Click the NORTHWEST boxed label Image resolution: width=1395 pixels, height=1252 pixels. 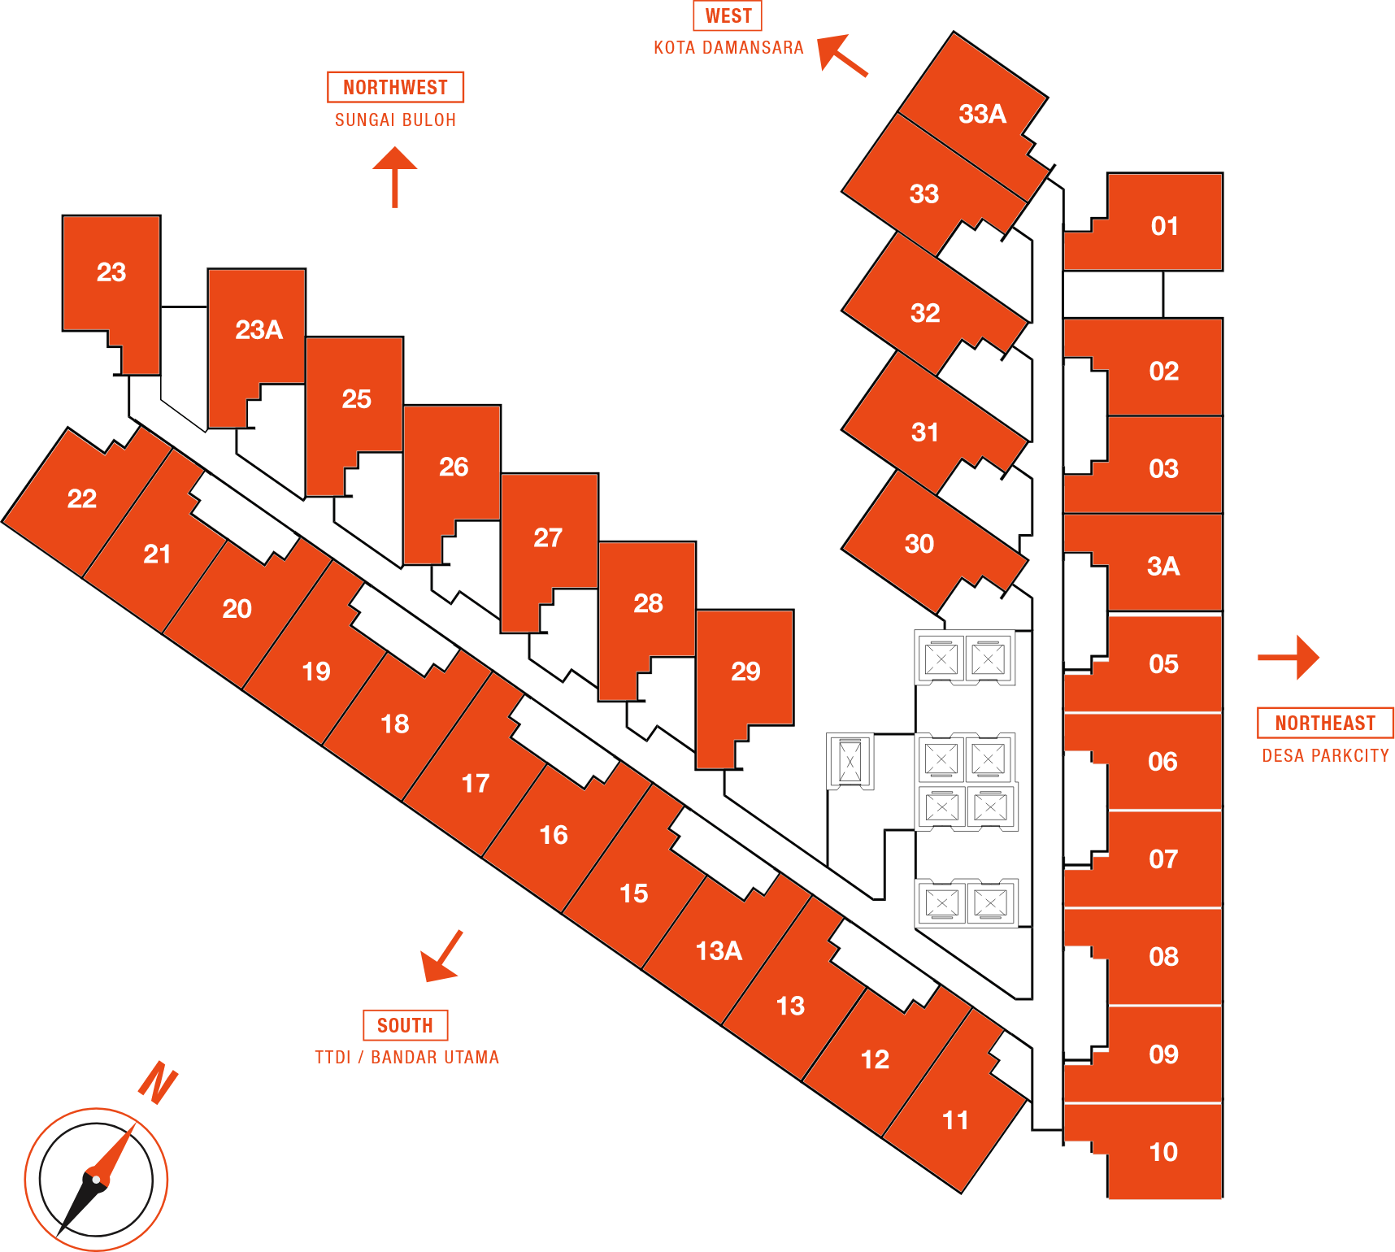click(395, 87)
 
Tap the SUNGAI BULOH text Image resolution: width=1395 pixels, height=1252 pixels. click(395, 120)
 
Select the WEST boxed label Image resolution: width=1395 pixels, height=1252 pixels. click(728, 15)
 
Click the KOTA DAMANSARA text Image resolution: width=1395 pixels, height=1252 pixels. click(728, 48)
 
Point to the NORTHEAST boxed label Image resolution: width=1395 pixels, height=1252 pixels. click(1324, 723)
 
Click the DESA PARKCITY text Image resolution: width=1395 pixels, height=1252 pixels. click(1325, 756)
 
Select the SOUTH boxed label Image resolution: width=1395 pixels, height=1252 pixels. click(405, 1025)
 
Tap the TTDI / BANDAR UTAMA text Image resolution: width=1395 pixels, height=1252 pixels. click(406, 1058)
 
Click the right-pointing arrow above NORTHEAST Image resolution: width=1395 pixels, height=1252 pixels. click(1290, 657)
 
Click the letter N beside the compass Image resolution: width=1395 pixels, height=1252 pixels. click(158, 1083)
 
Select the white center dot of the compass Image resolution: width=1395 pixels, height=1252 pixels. click(97, 1179)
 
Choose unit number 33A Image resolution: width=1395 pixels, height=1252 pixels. click(982, 114)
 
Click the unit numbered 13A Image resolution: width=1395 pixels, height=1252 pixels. click(719, 950)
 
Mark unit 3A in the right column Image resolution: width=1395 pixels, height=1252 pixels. click(1162, 566)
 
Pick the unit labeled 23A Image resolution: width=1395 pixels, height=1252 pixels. click(259, 329)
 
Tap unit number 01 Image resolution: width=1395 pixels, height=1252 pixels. click(1164, 226)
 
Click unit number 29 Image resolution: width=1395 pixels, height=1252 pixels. click(745, 672)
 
